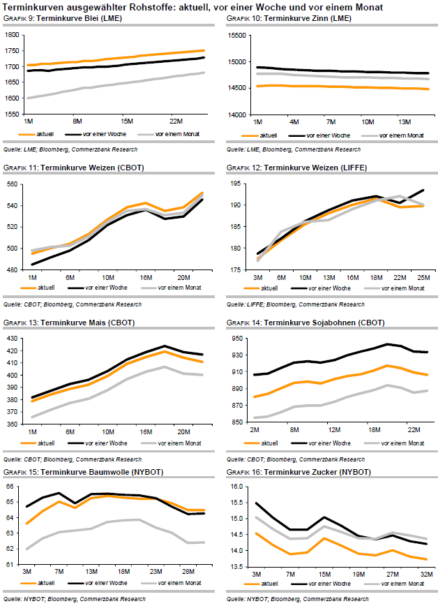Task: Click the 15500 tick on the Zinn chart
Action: pos(236,35)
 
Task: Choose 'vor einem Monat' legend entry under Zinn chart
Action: pos(399,134)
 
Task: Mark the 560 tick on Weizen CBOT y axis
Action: pos(14,184)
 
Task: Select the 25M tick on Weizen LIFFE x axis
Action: pos(423,277)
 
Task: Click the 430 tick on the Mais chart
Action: pos(14,339)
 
